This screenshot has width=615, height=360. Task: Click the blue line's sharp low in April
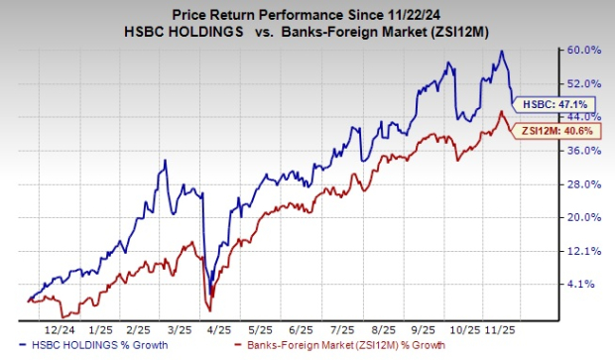pyautogui.click(x=209, y=294)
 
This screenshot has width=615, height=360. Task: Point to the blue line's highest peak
pyautogui.click(x=502, y=52)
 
